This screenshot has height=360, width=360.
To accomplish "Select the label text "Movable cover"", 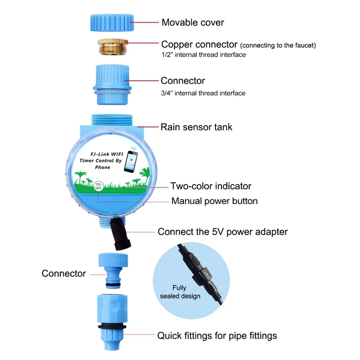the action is [193, 22].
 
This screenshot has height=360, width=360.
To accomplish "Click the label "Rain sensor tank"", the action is [197, 127].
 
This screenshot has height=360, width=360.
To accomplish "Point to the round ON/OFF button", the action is [99, 186].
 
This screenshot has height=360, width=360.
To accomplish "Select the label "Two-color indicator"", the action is [211, 186].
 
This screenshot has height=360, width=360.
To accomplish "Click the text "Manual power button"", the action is [215, 201].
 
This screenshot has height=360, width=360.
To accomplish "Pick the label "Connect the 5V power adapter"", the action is [223, 232].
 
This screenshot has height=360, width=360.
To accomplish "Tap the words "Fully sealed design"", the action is [180, 292].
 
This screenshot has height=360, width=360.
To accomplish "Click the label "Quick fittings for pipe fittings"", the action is [217, 335].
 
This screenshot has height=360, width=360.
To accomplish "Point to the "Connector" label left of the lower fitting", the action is [64, 273].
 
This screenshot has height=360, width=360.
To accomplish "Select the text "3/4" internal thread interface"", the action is [203, 93].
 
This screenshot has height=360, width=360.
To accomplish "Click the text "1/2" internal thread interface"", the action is [203, 55].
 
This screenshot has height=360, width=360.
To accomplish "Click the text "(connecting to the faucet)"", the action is [279, 45].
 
